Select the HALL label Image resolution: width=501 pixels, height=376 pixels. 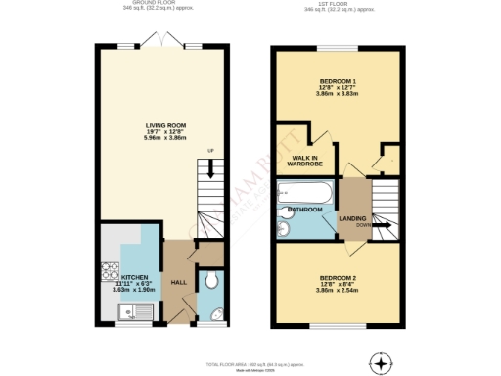179,283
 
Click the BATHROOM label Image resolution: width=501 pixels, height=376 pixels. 305,210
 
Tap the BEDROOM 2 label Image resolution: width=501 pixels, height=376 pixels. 338,278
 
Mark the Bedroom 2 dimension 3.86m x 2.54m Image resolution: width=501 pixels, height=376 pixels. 338,292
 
